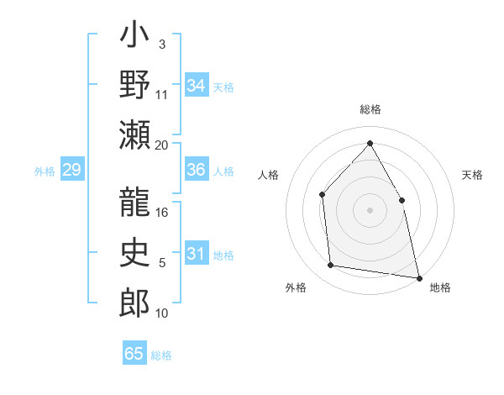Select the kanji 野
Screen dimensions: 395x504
[x=134, y=86]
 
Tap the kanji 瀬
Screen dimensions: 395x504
[x=134, y=136]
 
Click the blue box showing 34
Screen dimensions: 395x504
[x=197, y=86]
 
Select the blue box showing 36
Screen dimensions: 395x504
[x=197, y=170]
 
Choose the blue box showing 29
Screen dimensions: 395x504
[x=71, y=171]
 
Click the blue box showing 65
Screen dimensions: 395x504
[x=134, y=354]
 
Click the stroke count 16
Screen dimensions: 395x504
[x=162, y=213]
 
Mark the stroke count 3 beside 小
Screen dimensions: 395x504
[x=162, y=44]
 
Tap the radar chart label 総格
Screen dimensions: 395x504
[x=370, y=109]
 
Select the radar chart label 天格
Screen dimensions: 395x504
[x=472, y=175]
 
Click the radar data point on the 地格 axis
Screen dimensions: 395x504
[x=418, y=276]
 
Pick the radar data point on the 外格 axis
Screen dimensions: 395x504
[x=331, y=266]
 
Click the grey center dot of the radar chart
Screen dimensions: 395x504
[x=370, y=210]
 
